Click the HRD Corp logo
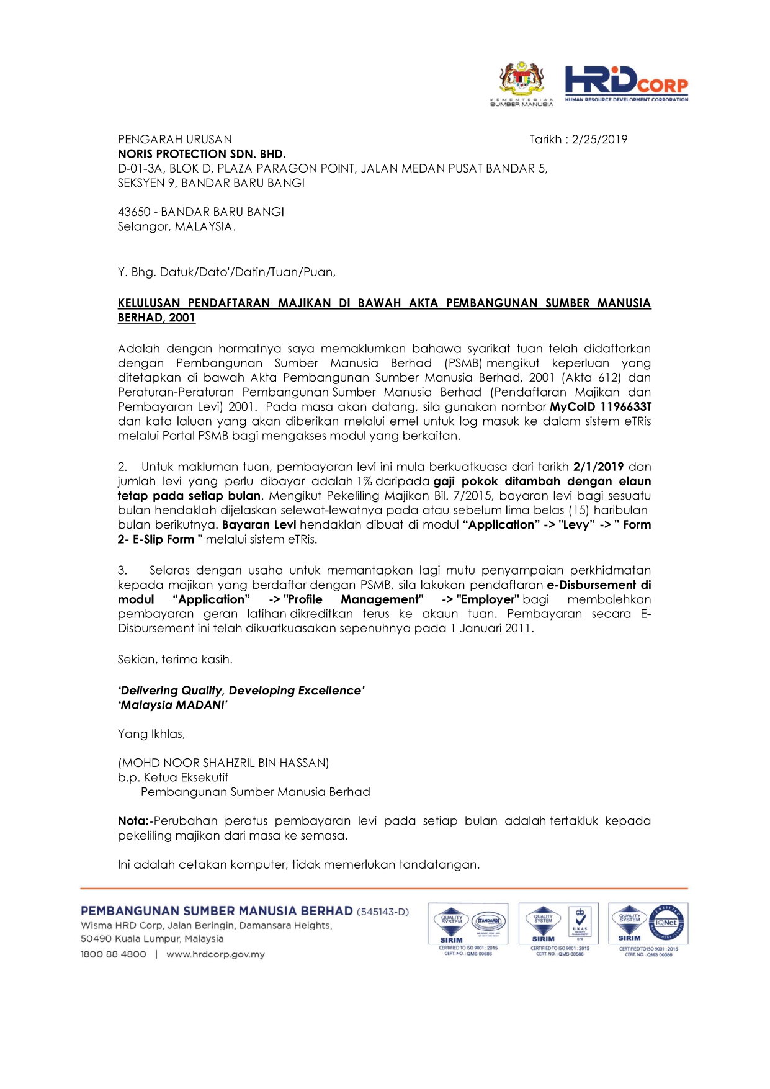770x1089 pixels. click(625, 83)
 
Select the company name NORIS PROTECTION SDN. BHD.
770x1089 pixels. click(202, 154)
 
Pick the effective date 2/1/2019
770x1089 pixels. click(598, 467)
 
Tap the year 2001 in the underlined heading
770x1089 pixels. click(182, 318)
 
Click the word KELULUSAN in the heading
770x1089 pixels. click(149, 303)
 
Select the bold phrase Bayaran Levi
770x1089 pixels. click(259, 525)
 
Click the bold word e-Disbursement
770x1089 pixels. click(591, 585)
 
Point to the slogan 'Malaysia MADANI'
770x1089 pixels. click(173, 705)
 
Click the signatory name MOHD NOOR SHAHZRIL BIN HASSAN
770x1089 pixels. click(223, 763)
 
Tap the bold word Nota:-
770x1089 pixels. click(135, 821)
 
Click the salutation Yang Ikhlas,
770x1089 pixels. click(151, 734)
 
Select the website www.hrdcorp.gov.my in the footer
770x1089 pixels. click(215, 954)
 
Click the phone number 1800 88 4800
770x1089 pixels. click(114, 954)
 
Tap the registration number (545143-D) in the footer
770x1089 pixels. click(383, 912)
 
